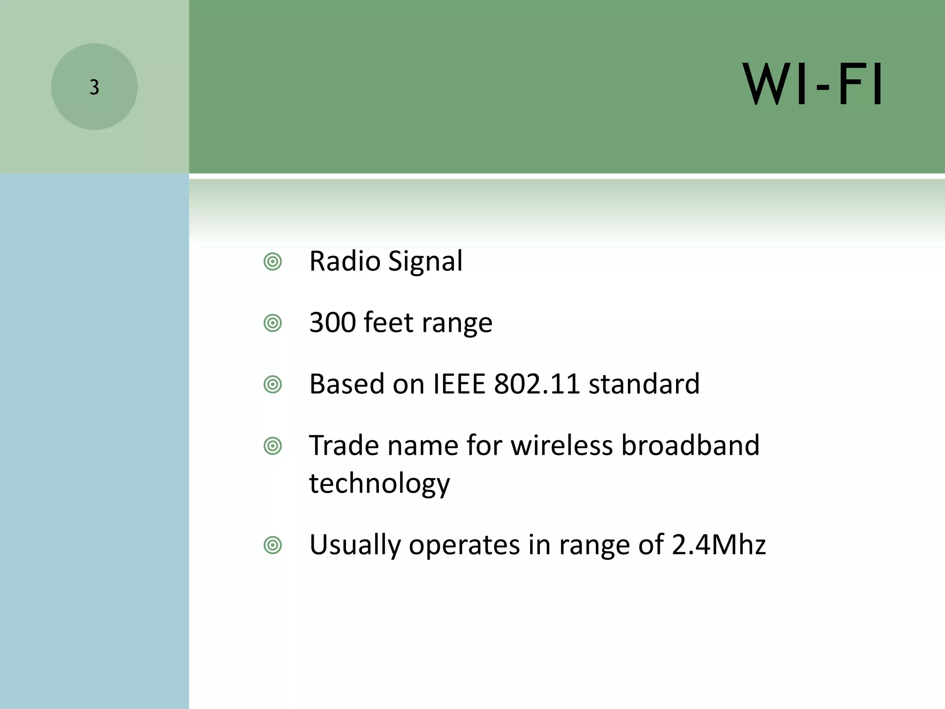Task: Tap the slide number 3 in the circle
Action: (x=94, y=87)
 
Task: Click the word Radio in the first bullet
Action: (x=345, y=261)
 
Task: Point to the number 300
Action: (x=332, y=323)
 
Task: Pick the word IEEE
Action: (x=460, y=384)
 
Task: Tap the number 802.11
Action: (x=537, y=384)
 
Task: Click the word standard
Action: (x=644, y=384)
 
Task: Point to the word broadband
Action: (x=690, y=445)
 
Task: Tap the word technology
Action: (x=379, y=484)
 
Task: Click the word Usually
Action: (x=355, y=545)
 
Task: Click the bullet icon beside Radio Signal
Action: (x=273, y=262)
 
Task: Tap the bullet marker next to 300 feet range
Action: (x=273, y=323)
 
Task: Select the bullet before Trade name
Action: (x=273, y=446)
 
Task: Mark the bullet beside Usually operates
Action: (x=273, y=546)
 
